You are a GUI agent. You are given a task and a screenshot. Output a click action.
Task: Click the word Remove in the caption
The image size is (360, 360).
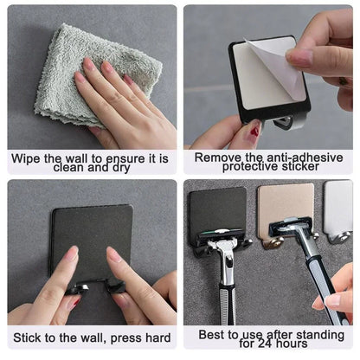click(216, 157)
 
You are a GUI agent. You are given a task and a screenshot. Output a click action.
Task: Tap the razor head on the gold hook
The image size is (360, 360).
click(292, 228)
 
